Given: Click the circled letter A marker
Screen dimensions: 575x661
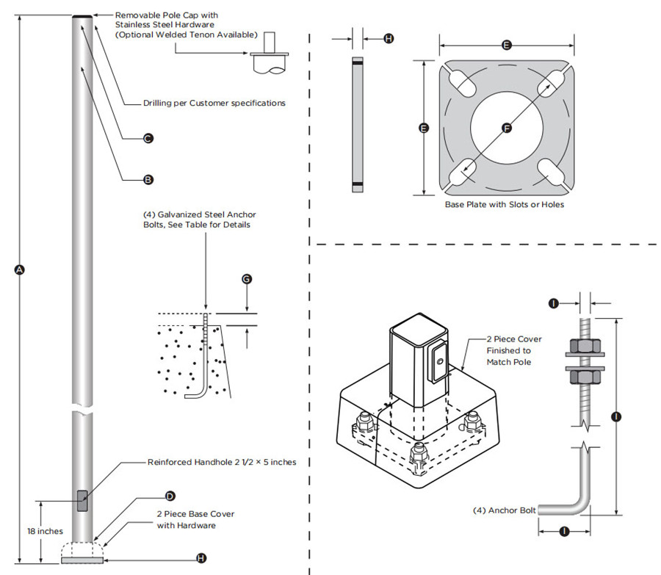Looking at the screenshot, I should point(20,270).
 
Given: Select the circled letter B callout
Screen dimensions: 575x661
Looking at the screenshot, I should point(148,178).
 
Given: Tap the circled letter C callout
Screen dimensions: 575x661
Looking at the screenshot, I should point(148,137).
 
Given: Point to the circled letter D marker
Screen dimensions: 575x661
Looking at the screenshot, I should point(170,496).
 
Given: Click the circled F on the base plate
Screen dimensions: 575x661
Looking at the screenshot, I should point(506,128).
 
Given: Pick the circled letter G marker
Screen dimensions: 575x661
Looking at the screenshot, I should point(247,279).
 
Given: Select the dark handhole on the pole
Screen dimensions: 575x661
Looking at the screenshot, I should point(82,502).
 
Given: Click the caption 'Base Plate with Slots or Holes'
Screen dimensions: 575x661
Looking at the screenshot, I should point(505,204).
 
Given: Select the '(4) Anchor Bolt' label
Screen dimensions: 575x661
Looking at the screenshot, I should point(504,510).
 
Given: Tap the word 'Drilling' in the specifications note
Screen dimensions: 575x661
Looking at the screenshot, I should point(162,103).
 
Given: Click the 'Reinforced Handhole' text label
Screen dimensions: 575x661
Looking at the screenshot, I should point(189,463).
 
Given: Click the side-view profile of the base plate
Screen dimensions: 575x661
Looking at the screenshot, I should point(357,125).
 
